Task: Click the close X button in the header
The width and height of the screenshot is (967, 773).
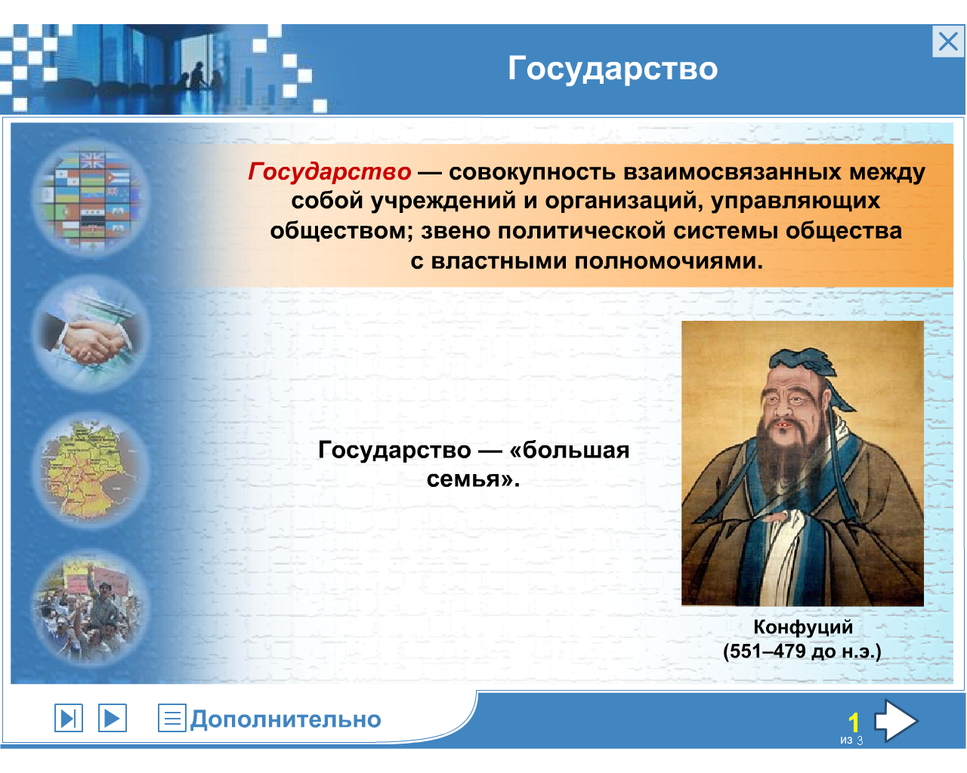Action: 947,42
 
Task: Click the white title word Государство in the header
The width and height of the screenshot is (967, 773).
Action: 613,69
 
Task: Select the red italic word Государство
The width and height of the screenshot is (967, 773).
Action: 329,171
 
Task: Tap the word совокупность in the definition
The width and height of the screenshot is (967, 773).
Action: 532,172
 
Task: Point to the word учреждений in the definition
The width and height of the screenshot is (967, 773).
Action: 443,201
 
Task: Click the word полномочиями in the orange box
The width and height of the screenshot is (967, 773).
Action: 669,261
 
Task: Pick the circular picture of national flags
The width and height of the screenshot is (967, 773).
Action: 91,198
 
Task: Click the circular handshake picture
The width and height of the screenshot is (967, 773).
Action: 91,334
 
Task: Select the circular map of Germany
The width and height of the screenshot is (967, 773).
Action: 91,470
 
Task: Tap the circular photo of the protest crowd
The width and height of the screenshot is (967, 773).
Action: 91,608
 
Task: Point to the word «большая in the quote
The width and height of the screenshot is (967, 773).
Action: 569,450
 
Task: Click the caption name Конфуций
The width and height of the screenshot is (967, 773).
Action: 802,627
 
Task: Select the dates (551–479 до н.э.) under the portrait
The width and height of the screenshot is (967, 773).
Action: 802,651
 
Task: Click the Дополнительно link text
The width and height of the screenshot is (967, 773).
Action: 286,719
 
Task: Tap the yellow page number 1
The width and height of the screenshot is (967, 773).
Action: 854,722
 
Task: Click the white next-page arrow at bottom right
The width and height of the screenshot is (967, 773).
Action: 895,720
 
